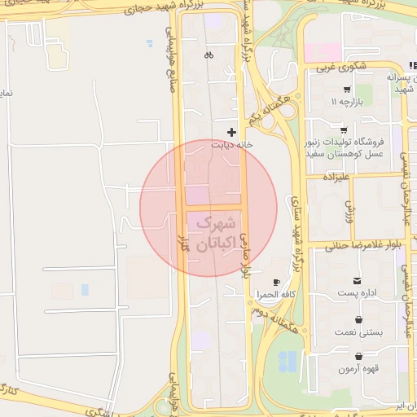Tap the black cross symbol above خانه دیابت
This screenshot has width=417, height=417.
pos(232,131)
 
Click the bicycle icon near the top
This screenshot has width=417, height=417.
pos(208,55)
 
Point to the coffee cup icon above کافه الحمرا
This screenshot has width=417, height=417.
pos(276,282)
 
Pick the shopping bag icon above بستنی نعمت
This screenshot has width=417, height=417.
pos(358,320)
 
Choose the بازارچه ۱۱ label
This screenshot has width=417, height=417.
pos(345,102)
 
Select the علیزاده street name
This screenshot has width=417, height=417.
pos(336,177)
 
